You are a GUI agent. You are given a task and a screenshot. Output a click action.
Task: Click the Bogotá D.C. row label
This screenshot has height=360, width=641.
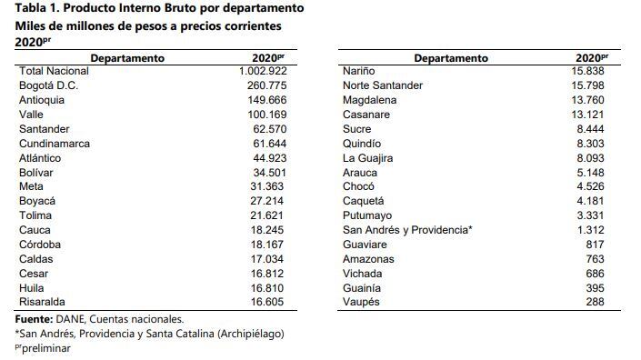pos(48,85)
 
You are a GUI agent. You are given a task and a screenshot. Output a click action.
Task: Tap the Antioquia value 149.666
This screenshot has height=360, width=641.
pos(269,100)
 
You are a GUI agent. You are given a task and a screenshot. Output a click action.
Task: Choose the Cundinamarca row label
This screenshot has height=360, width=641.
pos(56,144)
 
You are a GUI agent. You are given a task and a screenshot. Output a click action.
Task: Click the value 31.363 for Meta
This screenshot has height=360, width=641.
pos(273,186)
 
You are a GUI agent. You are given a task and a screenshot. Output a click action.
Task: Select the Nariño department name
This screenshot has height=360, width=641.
pos(358,71)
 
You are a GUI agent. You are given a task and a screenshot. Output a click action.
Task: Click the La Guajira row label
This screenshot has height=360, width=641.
pos(366,157)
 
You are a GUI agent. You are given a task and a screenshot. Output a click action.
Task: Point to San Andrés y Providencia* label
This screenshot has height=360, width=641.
pos(406,230)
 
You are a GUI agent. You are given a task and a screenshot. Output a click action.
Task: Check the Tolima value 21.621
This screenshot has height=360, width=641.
pos(273,215)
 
